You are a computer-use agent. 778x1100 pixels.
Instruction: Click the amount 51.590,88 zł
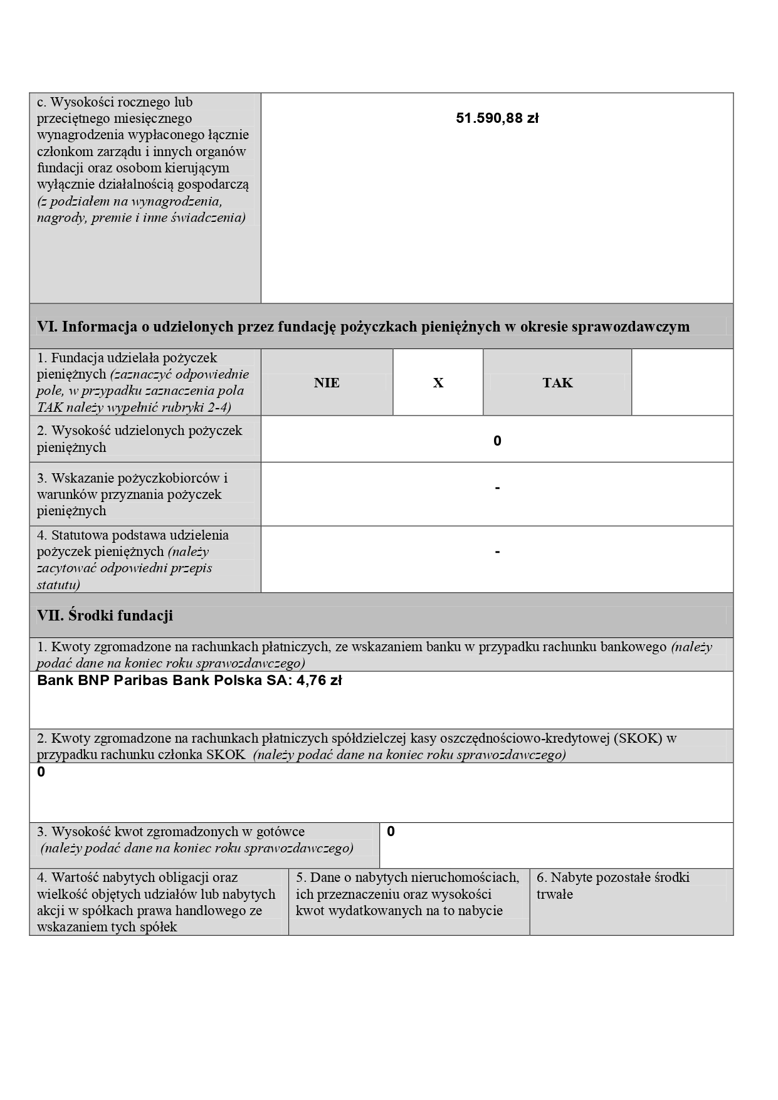(497, 118)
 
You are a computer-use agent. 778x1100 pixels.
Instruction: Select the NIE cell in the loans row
(327, 383)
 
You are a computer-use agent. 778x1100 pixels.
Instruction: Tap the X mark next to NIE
(438, 383)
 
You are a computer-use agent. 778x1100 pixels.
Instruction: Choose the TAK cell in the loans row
(557, 383)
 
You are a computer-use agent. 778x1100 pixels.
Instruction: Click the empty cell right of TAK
(682, 382)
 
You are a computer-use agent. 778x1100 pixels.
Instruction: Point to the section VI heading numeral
(47, 327)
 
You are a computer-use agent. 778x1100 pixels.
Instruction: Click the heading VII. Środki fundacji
(105, 615)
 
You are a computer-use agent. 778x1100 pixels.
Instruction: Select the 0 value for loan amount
(497, 441)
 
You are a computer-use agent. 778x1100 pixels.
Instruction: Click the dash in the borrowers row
(497, 488)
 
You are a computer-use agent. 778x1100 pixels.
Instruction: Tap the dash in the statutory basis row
(497, 552)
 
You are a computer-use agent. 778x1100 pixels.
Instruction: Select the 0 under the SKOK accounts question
(41, 772)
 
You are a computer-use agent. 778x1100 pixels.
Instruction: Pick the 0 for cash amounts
(391, 832)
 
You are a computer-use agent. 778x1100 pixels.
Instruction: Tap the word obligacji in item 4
(182, 877)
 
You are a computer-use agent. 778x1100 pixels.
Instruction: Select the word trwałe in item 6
(554, 894)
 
